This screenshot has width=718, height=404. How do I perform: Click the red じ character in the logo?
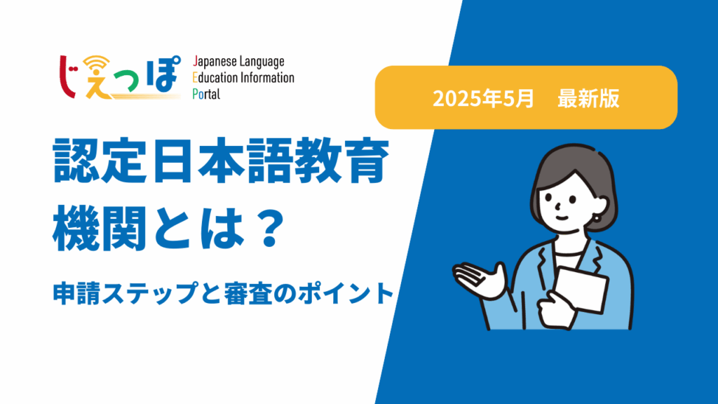[69, 76]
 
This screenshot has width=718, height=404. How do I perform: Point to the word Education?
[215, 77]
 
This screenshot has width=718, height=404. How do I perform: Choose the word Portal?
[206, 94]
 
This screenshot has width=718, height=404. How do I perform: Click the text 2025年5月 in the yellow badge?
[483, 98]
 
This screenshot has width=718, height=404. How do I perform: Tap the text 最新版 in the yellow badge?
[588, 98]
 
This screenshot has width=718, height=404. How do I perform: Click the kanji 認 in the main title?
[76, 161]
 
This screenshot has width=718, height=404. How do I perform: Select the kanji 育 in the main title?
[365, 161]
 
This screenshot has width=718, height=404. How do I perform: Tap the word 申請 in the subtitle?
[77, 293]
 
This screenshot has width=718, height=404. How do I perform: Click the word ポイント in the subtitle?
[346, 293]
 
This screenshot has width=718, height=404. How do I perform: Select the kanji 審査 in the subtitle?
[248, 293]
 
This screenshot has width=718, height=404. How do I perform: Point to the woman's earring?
[597, 217]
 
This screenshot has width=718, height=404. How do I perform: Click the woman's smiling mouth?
[562, 218]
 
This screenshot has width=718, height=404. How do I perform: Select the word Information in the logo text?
[267, 77]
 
